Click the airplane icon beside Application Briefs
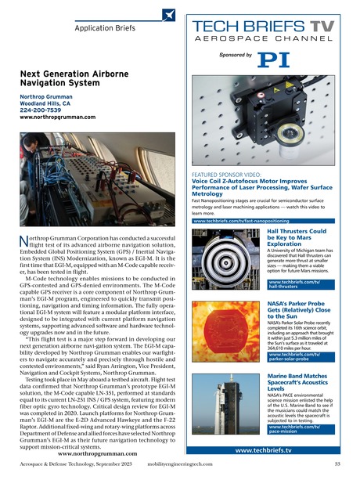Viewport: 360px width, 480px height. (169, 15)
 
